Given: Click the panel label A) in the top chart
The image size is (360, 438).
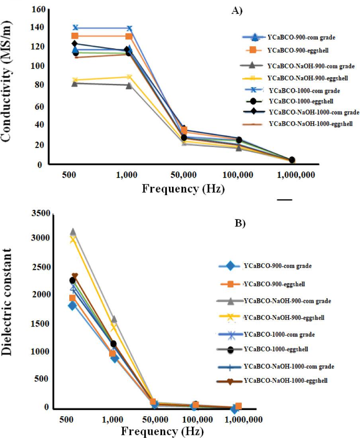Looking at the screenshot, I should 237,11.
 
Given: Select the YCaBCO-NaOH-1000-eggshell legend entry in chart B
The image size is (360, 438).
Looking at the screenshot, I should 285,381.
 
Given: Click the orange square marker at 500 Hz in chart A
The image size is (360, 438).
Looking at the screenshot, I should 74,36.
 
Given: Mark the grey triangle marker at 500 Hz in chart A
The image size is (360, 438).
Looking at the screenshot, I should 74,83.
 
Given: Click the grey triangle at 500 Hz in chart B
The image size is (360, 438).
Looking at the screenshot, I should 73,232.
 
